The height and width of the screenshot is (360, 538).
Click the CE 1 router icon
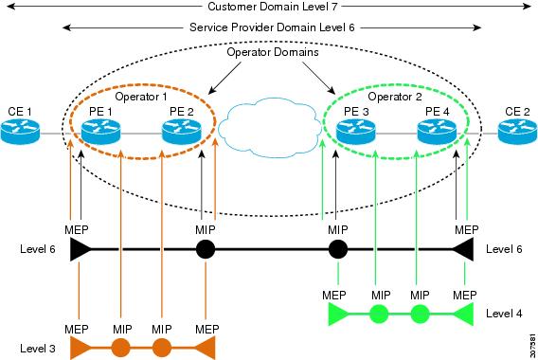[x=20, y=132]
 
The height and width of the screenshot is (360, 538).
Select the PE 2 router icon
[x=182, y=132]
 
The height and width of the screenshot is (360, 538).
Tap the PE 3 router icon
[x=356, y=132]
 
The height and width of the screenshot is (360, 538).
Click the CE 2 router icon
[x=517, y=132]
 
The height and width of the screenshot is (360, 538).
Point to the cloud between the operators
[x=269, y=127]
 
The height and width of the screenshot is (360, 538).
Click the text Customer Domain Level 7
[x=273, y=7]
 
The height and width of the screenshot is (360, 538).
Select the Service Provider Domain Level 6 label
[x=272, y=27]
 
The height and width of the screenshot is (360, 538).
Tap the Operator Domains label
[x=273, y=52]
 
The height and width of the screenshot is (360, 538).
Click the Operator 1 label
[x=141, y=97]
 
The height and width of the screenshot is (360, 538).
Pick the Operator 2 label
[x=395, y=97]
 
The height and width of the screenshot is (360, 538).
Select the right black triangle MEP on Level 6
[x=463, y=249]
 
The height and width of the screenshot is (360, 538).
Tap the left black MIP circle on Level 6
[x=206, y=249]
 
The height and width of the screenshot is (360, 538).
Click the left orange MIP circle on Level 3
[x=121, y=348]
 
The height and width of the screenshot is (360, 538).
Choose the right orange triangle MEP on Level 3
[x=206, y=348]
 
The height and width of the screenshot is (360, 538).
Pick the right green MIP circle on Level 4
[x=420, y=314]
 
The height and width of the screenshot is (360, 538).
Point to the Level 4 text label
[x=504, y=314]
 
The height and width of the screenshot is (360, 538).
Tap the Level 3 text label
[x=38, y=349]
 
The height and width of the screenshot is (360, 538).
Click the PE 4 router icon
[x=437, y=132]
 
